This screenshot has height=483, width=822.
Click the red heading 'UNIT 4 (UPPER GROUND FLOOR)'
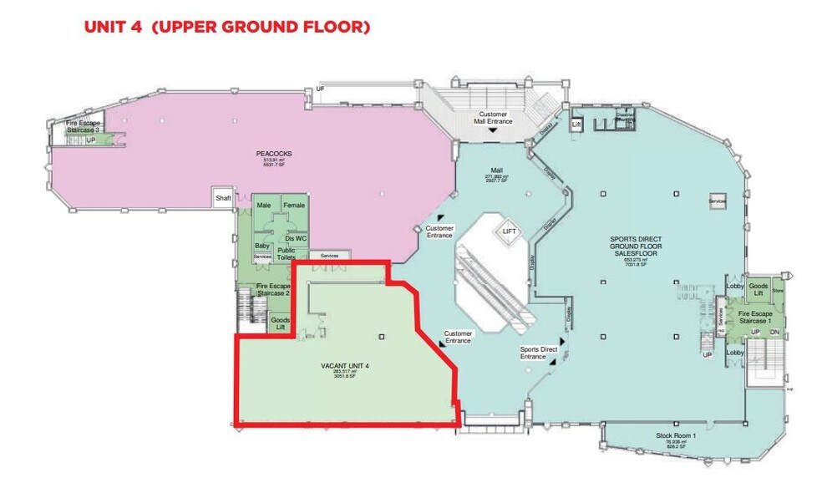pyautogui.click(x=226, y=28)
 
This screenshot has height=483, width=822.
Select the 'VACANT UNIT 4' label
pyautogui.click(x=345, y=366)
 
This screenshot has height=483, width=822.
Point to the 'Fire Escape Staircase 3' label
pyautogui.click(x=84, y=127)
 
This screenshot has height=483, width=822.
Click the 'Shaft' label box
pyautogui.click(x=223, y=198)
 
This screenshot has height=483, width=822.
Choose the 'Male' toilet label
pyautogui.click(x=264, y=206)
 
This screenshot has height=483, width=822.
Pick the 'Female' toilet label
pyautogui.click(x=294, y=206)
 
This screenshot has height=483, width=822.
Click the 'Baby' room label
pyautogui.click(x=262, y=246)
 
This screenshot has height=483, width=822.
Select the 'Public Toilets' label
pyautogui.click(x=287, y=254)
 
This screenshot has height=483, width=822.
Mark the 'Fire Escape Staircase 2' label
pyautogui.click(x=273, y=289)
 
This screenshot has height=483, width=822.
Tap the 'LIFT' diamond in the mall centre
pyautogui.click(x=507, y=231)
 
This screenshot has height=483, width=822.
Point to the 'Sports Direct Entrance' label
pyautogui.click(x=539, y=353)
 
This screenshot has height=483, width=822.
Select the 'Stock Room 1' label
pyautogui.click(x=674, y=436)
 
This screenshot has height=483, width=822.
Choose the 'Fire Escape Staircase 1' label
pyautogui.click(x=759, y=318)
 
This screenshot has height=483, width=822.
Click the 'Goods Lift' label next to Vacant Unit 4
pyautogui.click(x=280, y=323)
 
